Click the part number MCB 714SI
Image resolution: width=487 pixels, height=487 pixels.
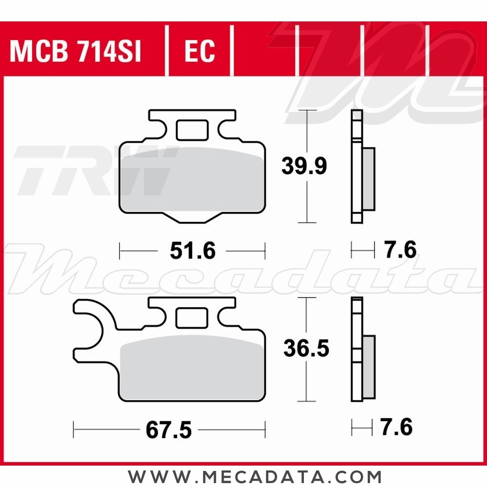click(x=75, y=51)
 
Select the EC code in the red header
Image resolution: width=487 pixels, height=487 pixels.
click(x=200, y=51)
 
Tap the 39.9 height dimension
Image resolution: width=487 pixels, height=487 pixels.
click(x=304, y=167)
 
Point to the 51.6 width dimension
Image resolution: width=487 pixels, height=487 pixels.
click(x=192, y=251)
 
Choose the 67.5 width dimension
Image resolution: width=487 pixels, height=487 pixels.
click(x=169, y=430)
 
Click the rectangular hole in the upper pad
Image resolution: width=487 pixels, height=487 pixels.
click(x=191, y=130)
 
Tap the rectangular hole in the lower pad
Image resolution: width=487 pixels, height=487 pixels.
click(x=191, y=319)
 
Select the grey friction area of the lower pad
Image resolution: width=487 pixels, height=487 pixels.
click(x=192, y=370)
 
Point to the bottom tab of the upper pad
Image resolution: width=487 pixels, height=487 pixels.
click(x=195, y=218)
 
